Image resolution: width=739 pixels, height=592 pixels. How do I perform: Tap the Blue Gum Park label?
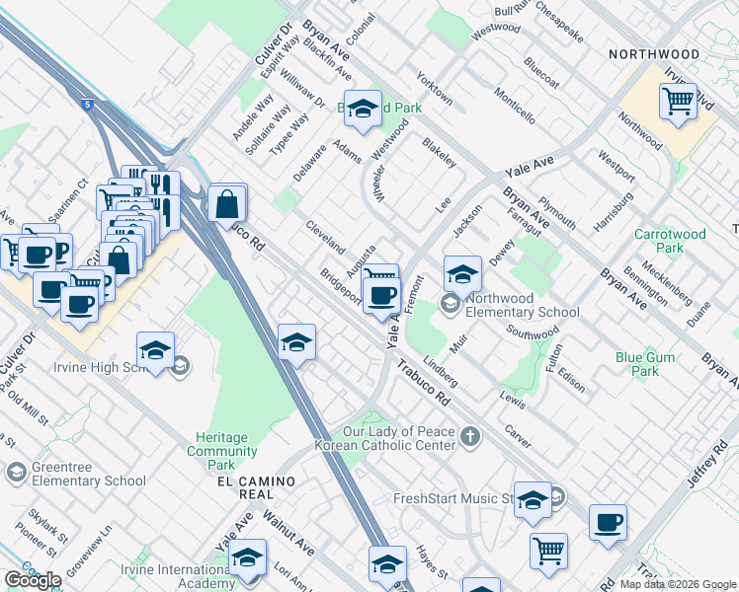coord(637,364)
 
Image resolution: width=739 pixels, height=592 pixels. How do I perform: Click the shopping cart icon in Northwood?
coord(678,101)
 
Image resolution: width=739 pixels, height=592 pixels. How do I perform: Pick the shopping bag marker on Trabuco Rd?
coord(227,204)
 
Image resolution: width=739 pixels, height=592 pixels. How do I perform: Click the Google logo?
coord(33,579)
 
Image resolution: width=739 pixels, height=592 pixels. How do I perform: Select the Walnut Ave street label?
coord(287,533)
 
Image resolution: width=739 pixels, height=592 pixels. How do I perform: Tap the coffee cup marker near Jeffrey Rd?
coord(608,522)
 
